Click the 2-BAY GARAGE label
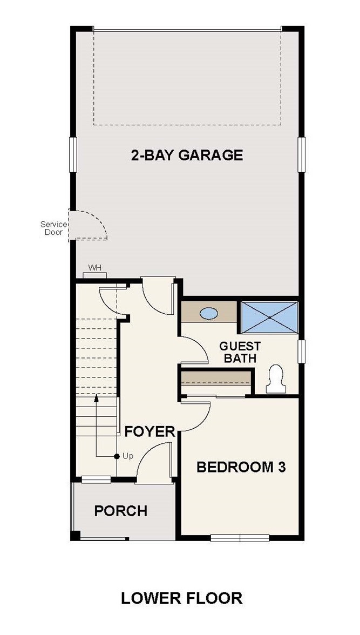coord(187,155)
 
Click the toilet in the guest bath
coord(276,379)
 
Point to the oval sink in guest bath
coord(209,313)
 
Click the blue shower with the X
coord(270,317)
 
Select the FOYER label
coord(150,432)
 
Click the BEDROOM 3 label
coord(241,467)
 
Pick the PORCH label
coord(121,511)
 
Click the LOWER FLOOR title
coord(182,598)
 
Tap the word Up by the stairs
coord(128,456)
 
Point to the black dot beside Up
coord(117,456)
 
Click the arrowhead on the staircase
coord(97,398)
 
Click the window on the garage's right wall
coord(301,154)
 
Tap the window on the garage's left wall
coord(73,154)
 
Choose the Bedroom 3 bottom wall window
coord(240,538)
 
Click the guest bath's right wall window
coord(301,351)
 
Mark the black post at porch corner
coord(75,536)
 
